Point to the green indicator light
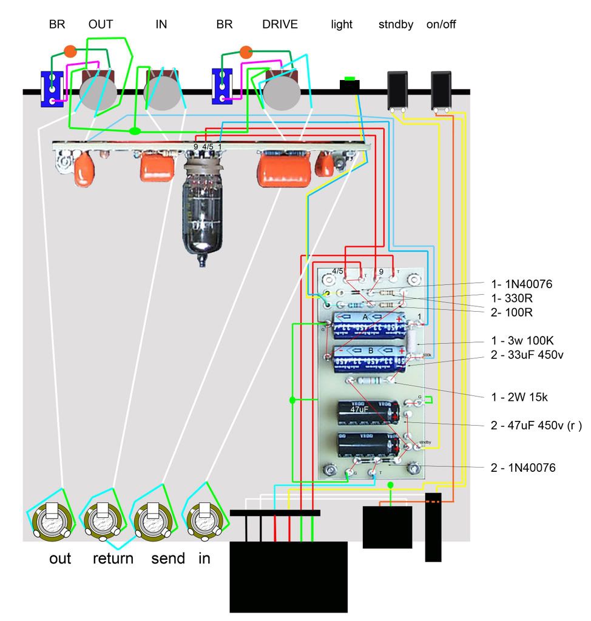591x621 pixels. pos(350,79)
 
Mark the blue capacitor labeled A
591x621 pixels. pos(367,326)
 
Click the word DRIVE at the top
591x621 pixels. pos(280,25)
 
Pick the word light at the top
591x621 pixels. pos(342,25)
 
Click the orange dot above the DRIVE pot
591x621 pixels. pos(246,51)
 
